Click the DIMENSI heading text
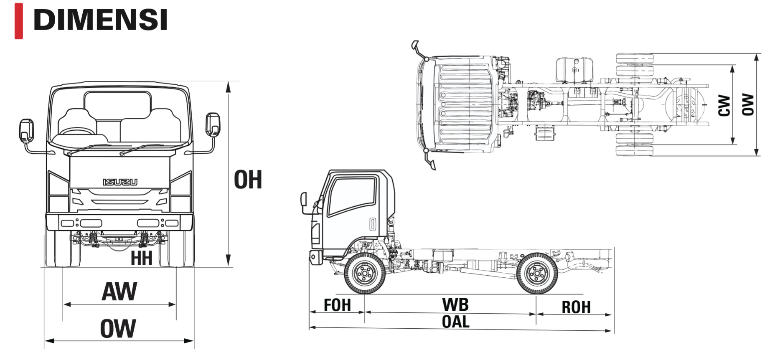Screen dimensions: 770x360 100,19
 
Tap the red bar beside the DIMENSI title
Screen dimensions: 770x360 18,21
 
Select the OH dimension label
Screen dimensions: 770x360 248,180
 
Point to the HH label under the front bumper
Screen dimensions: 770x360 141,258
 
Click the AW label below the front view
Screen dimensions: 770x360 119,292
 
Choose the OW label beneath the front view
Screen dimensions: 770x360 118,329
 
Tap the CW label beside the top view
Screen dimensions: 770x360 724,105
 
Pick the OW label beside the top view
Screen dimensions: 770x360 748,104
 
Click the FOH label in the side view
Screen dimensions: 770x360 337,305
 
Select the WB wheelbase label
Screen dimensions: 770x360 455,304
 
